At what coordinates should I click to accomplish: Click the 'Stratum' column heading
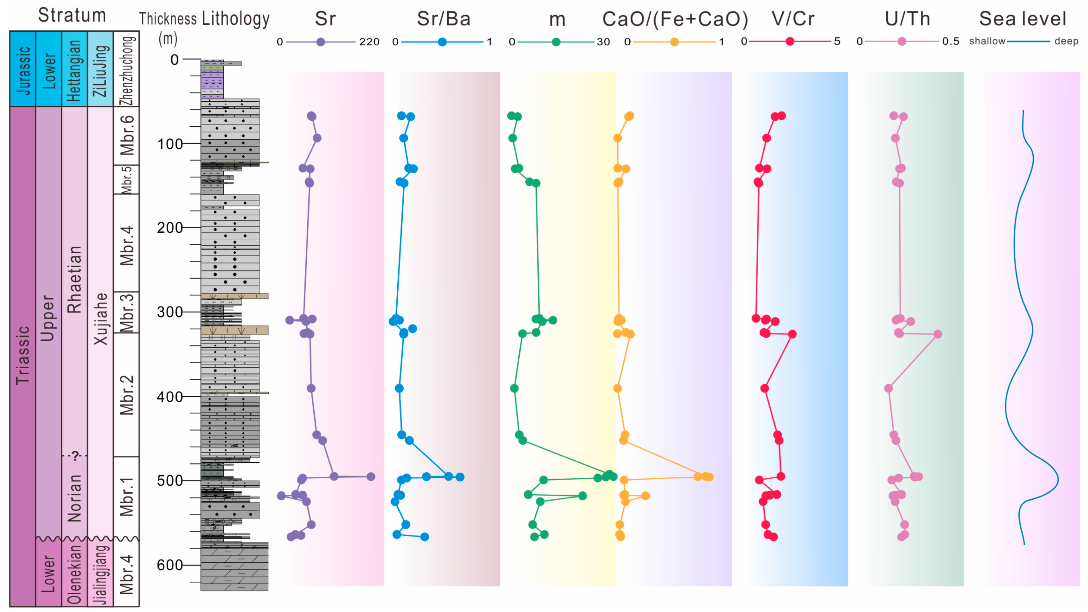click(72, 15)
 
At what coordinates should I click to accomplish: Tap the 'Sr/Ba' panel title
click(443, 19)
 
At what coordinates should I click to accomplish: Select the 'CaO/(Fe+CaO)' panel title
click(675, 19)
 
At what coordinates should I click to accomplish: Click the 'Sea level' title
click(1023, 19)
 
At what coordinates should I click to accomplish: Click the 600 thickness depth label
click(170, 565)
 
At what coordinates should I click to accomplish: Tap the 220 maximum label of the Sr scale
click(369, 42)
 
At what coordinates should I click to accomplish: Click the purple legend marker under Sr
click(321, 42)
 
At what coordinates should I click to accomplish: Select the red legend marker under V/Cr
click(789, 41)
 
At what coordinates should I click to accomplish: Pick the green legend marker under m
click(556, 42)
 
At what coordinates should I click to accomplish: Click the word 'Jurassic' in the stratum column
click(23, 70)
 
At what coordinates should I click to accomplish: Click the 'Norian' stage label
click(74, 498)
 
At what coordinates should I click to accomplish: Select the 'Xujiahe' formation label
click(101, 319)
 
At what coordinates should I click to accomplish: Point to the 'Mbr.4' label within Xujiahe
click(127, 246)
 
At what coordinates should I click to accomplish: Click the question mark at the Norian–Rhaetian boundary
click(75, 456)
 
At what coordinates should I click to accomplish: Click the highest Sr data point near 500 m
click(370, 477)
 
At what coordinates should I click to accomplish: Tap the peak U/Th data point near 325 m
click(938, 334)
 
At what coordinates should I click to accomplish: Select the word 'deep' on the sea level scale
click(1066, 41)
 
